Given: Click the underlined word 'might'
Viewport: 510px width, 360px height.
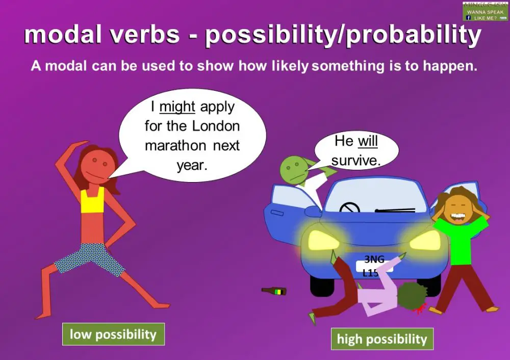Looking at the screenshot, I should (177, 107).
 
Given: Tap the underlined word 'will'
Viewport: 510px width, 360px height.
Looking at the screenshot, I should (367, 141).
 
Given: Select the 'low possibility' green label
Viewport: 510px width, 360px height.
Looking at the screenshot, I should (113, 335).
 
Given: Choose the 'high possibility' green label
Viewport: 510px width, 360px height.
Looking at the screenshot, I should (382, 340).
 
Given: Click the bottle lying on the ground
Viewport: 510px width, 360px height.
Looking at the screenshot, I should (274, 291).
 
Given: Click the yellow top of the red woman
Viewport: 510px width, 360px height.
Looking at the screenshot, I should (92, 199).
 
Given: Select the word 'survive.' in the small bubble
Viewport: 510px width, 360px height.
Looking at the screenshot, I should (356, 161).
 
